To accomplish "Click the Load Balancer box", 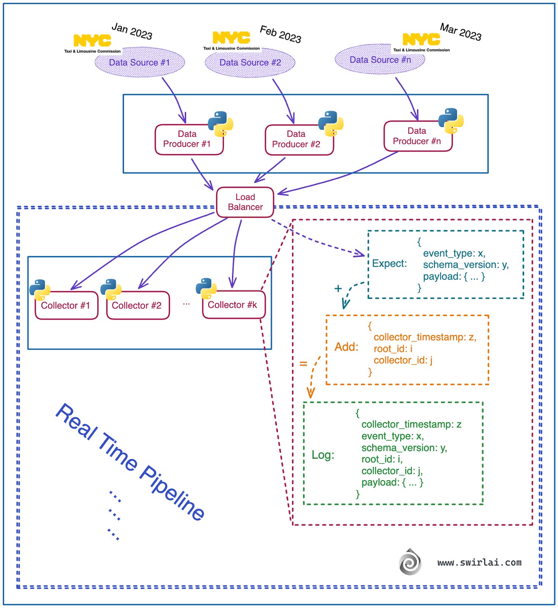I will (245, 202).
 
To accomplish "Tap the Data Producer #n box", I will (417, 136).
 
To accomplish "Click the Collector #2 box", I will (137, 306).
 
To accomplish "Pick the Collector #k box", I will (233, 305).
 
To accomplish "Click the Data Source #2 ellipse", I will (250, 63).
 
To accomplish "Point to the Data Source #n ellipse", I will (379, 60).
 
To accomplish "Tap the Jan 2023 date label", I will (132, 31).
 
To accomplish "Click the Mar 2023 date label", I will (460, 32).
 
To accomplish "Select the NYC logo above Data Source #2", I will (231, 38).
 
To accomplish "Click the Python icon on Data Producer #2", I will (331, 123).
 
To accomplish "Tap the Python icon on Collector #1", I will (40, 290).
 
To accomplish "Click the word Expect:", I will (389, 264).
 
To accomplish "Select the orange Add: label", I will (346, 347).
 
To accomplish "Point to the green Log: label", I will (323, 455).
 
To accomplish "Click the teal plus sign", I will (338, 288).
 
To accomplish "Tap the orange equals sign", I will (303, 364).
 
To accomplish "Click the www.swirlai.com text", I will (479, 562).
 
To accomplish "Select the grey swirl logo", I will (410, 562).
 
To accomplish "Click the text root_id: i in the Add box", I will (392, 349).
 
